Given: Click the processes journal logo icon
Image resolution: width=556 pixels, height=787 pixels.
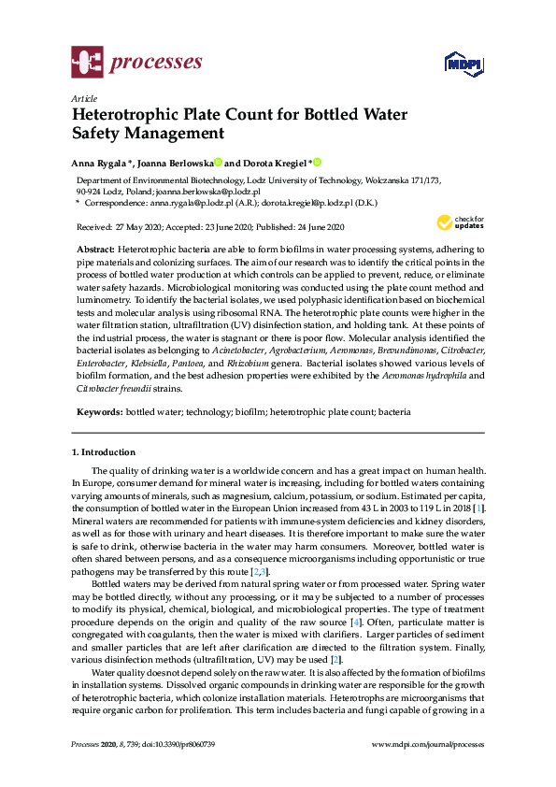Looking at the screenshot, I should pyautogui.click(x=87, y=64).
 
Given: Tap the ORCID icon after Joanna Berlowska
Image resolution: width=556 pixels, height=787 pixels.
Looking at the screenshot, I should pyautogui.click(x=218, y=161).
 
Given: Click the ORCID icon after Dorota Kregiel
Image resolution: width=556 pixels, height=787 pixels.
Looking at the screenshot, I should pyautogui.click(x=317, y=161).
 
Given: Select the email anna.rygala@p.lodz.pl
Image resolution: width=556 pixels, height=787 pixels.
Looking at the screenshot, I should pyautogui.click(x=190, y=202).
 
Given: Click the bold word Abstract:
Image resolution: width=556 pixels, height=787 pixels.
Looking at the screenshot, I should pyautogui.click(x=94, y=250).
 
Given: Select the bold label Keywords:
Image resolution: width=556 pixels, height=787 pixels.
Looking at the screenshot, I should pyautogui.click(x=99, y=411).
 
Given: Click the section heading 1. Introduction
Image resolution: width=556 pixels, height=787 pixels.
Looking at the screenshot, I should pyautogui.click(x=108, y=452).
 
